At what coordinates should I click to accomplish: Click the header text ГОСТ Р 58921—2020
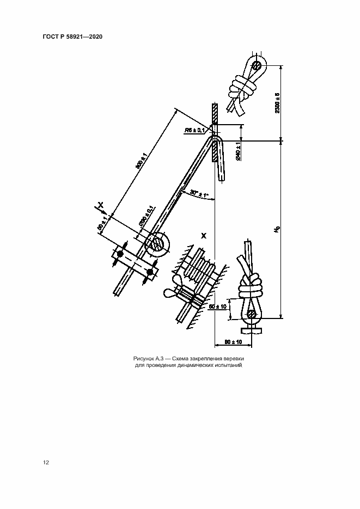(x=73, y=36)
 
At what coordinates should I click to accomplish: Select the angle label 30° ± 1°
(x=199, y=193)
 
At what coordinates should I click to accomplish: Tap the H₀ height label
(x=277, y=230)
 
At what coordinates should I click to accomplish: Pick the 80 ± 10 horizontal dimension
(x=233, y=342)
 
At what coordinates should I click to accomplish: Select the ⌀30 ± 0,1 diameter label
(x=146, y=216)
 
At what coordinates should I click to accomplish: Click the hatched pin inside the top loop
(x=257, y=66)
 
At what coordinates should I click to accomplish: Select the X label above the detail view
(x=204, y=236)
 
